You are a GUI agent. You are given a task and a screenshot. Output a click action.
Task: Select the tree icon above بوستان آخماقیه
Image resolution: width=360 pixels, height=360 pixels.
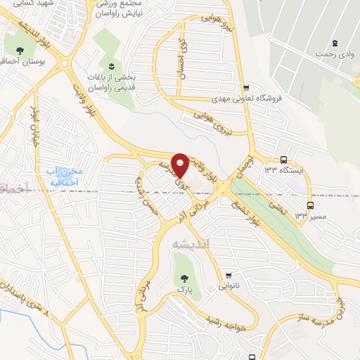tap(20, 51)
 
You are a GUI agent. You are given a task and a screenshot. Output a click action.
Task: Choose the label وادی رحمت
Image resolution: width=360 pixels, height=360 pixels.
tap(334, 54)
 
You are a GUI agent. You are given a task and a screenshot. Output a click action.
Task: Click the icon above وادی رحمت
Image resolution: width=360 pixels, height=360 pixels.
tap(334, 42)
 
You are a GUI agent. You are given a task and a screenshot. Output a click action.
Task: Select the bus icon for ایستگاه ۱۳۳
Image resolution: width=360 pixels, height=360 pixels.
tap(283, 159)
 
